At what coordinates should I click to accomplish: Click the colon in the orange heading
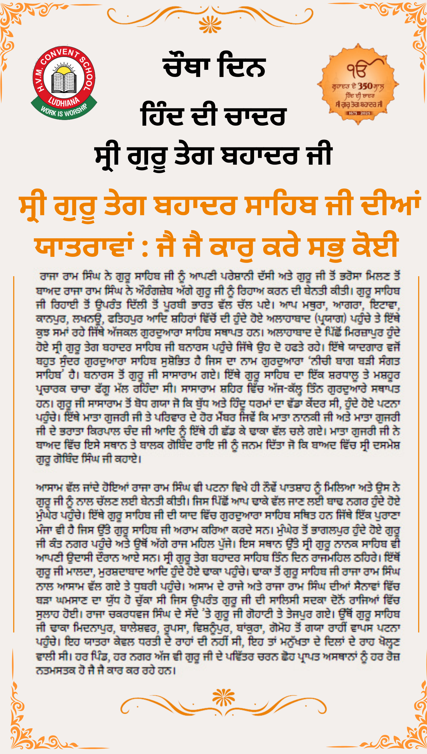pyautogui.click(x=145, y=248)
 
